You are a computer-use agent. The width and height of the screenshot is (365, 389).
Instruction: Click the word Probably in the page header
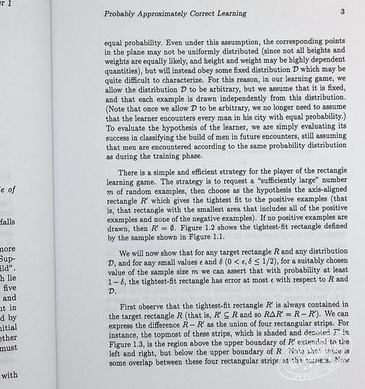tap(121, 13)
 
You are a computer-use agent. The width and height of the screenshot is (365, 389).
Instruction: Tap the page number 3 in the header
tap(342, 12)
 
